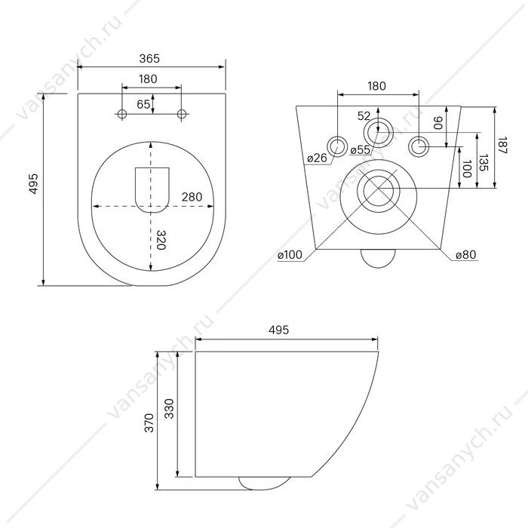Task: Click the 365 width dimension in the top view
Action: tap(149, 59)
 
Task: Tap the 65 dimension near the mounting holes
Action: tap(143, 104)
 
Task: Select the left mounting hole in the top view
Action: tap(122, 114)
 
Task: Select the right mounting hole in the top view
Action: tap(182, 114)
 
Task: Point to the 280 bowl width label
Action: tap(192, 197)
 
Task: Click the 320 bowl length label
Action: tap(161, 240)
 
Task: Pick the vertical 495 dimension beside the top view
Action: tap(34, 184)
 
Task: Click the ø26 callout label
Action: tap(318, 158)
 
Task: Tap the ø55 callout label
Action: tap(360, 149)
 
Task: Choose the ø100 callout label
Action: tap(290, 255)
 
